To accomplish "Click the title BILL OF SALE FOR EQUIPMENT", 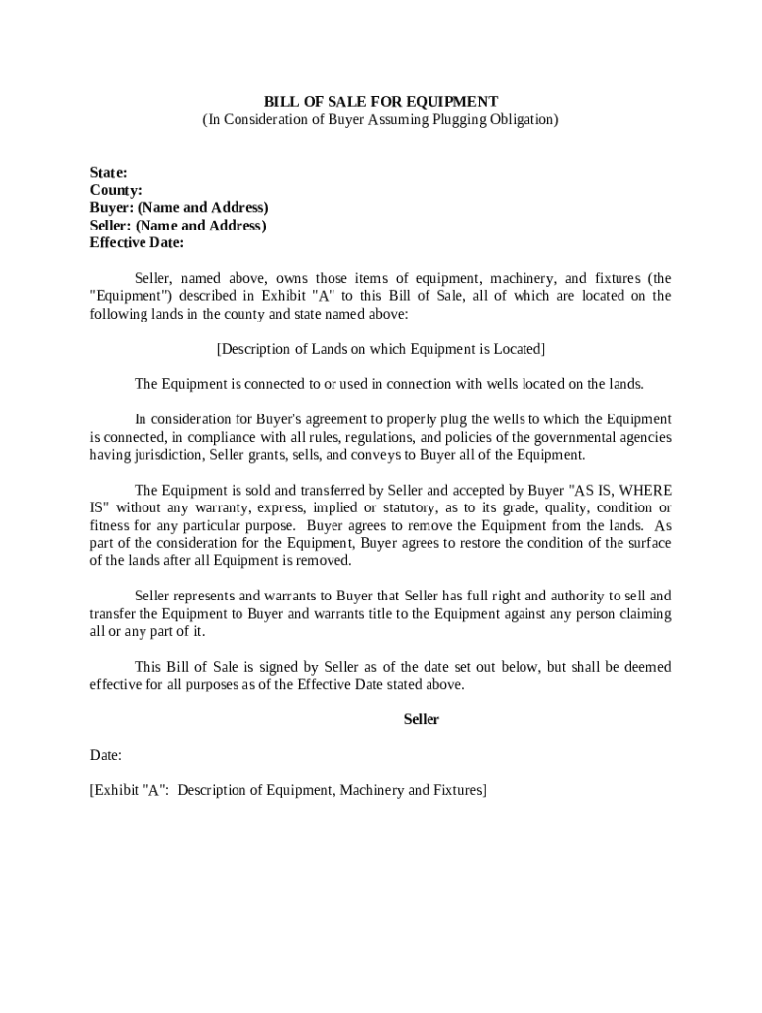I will click(x=380, y=101).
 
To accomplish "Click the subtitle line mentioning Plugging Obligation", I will click(x=380, y=120).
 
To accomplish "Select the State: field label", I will click(x=108, y=172).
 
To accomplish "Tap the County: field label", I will click(x=116, y=190).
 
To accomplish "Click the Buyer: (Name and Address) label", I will click(x=179, y=208).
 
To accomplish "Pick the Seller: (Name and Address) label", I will click(x=178, y=226).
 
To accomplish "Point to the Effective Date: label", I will click(x=137, y=243).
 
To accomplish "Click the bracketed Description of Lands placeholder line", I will click(x=380, y=349).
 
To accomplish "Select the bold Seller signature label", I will click(x=421, y=720).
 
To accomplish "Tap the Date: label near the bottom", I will click(x=106, y=755).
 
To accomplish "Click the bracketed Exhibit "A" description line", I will click(x=288, y=790).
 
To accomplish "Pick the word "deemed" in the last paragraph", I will click(x=646, y=667).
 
